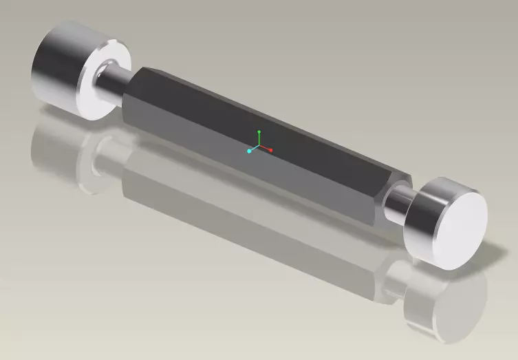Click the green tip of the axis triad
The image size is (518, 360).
point(259,131)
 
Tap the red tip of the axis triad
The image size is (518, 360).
point(271,149)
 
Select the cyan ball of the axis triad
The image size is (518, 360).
point(248,151)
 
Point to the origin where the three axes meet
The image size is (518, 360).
point(258,147)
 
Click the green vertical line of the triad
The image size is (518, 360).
point(259,138)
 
